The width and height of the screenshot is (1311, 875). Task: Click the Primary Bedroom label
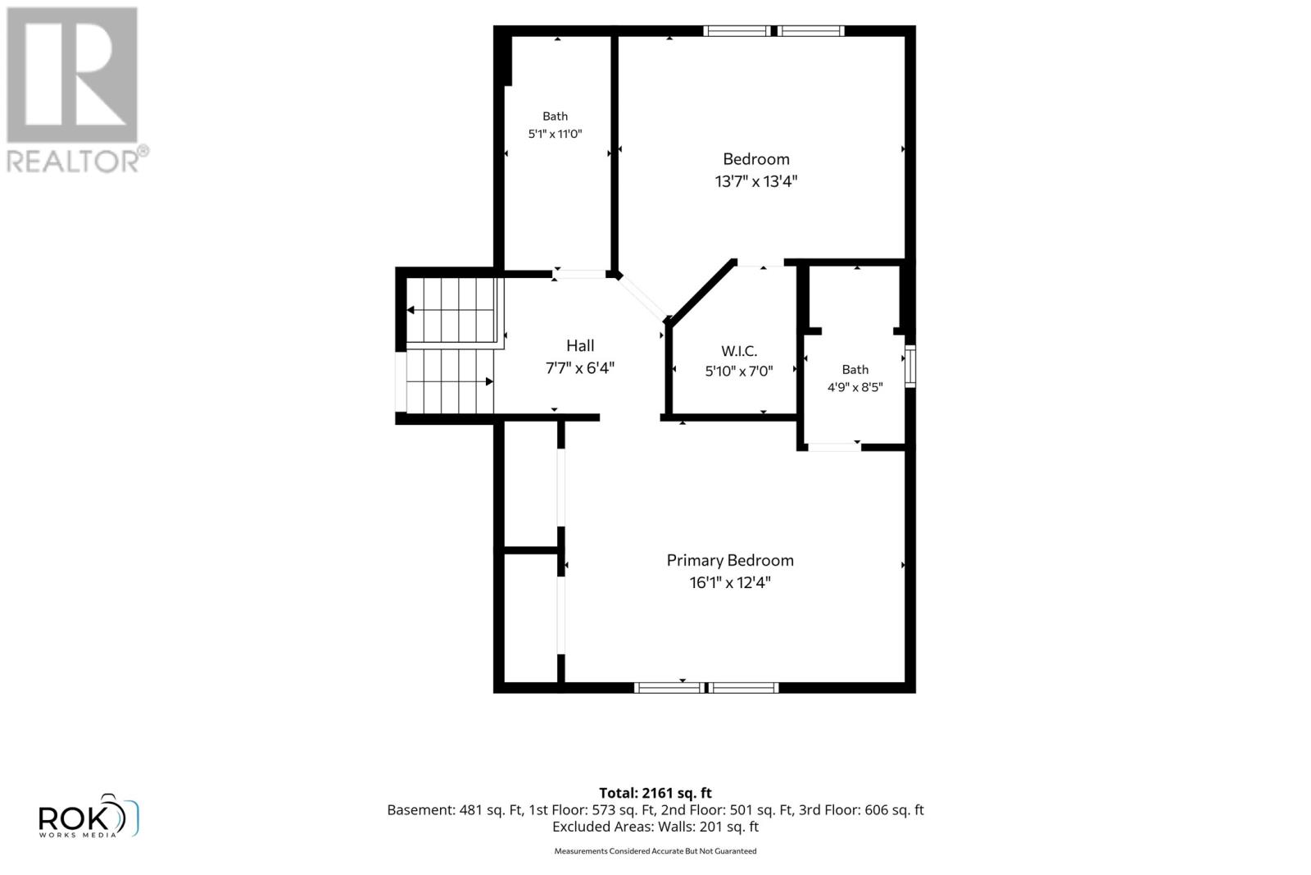click(x=730, y=560)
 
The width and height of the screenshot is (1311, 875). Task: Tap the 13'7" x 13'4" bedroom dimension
click(x=756, y=181)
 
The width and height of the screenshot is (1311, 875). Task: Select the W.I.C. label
click(x=738, y=351)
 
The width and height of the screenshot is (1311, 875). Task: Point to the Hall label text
click(x=580, y=345)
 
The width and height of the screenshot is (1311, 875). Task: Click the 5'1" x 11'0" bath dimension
click(x=555, y=134)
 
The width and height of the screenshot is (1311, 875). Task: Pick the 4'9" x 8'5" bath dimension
click(x=855, y=387)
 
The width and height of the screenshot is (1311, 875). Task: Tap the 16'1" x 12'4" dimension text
click(x=730, y=582)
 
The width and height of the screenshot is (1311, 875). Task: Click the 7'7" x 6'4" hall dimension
click(x=580, y=368)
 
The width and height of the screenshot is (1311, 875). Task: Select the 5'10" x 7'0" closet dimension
click(x=738, y=371)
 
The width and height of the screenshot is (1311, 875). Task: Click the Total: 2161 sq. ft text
click(x=655, y=793)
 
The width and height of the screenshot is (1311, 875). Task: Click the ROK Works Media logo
click(x=88, y=815)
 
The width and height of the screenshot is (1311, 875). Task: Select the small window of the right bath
click(x=910, y=367)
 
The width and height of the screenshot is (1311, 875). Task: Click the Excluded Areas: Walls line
click(x=655, y=827)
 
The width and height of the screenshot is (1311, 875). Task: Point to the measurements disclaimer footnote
click(x=655, y=851)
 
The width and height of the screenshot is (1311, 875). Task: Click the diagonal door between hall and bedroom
click(x=642, y=298)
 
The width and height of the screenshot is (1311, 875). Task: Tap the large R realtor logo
click(x=72, y=75)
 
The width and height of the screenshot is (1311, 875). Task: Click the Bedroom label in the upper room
click(x=756, y=159)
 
